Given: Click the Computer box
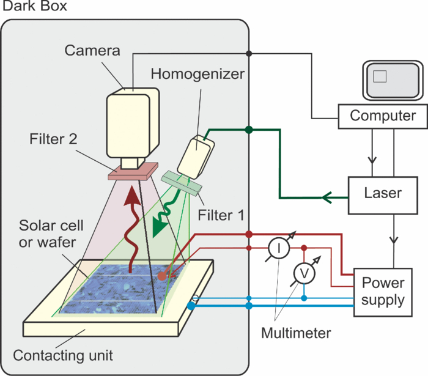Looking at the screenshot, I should pyautogui.click(x=383, y=116).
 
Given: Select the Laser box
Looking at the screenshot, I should pyautogui.click(x=383, y=193).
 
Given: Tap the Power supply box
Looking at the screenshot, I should pyautogui.click(x=383, y=292).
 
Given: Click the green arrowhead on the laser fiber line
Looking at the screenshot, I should pyautogui.click(x=327, y=197).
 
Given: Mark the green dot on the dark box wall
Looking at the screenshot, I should pyautogui.click(x=248, y=130).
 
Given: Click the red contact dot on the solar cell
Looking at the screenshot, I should pyautogui.click(x=162, y=276).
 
